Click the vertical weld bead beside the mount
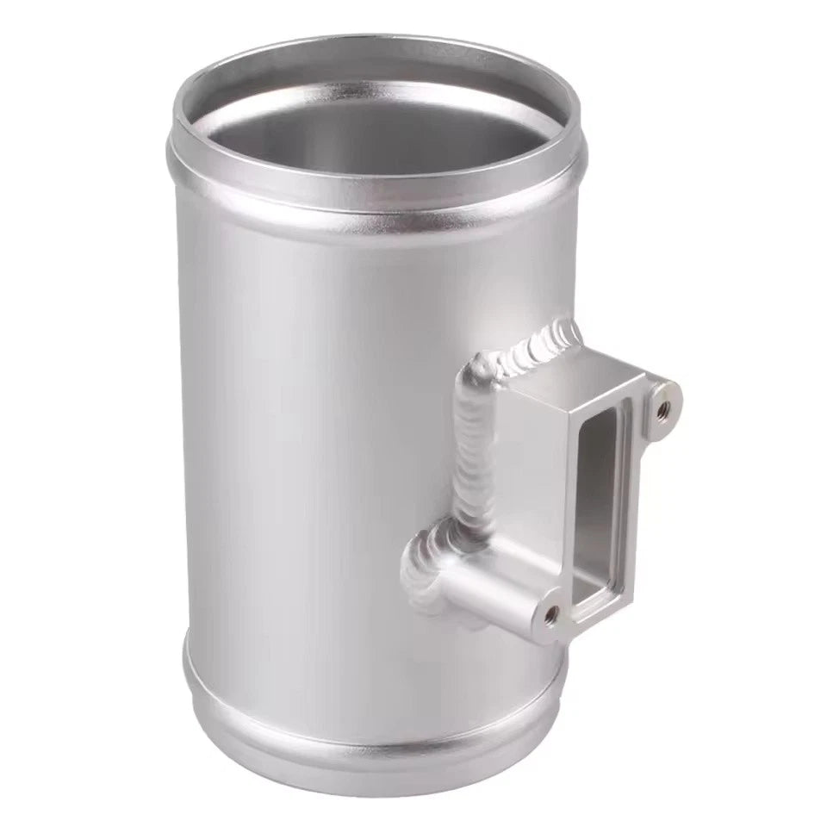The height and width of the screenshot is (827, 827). point(469,448)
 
